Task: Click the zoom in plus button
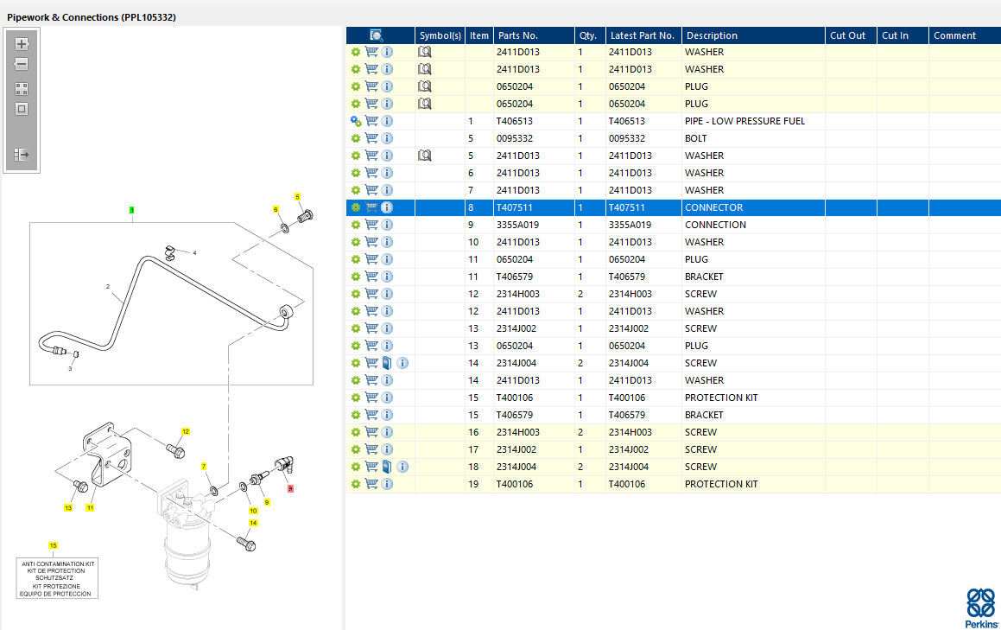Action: point(22,44)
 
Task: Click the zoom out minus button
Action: point(22,64)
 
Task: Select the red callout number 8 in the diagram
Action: point(290,489)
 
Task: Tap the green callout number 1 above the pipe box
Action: point(131,210)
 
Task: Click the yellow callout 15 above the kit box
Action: point(53,545)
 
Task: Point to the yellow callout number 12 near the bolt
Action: point(185,431)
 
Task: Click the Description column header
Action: point(712,35)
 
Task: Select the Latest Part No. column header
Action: point(643,35)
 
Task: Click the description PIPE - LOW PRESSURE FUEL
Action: point(744,121)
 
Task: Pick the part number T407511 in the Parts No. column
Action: point(514,207)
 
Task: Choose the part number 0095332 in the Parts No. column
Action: point(515,138)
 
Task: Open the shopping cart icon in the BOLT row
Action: point(371,138)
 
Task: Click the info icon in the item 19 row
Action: point(387,484)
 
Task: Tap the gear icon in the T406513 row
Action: point(356,121)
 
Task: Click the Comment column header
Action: point(954,35)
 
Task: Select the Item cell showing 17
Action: point(473,450)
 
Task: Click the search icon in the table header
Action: point(376,35)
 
